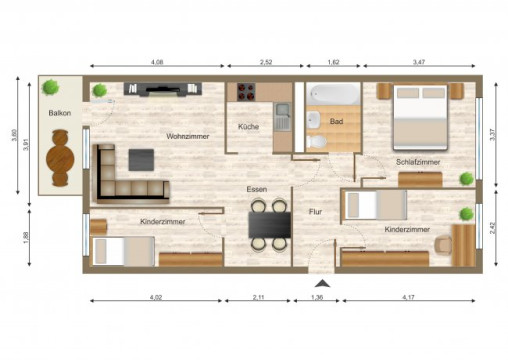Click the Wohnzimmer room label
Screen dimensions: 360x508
coord(188,136)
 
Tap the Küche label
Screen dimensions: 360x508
coord(249,127)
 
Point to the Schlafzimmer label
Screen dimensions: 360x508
coord(418,161)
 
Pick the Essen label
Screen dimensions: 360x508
coord(257,189)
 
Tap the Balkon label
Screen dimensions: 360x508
coord(59,113)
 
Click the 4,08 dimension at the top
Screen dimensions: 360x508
coord(157,63)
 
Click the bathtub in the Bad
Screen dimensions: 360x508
coord(333,95)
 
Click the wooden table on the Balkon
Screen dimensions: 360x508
coord(61,163)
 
